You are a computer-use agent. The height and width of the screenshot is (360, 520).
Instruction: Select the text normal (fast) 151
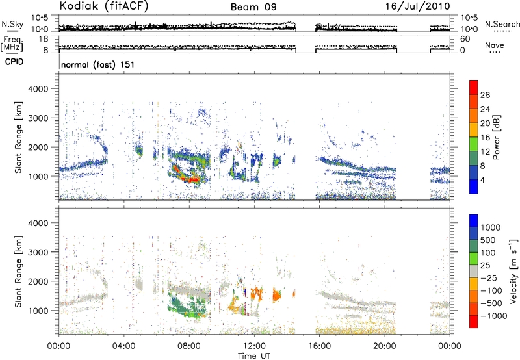94,65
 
